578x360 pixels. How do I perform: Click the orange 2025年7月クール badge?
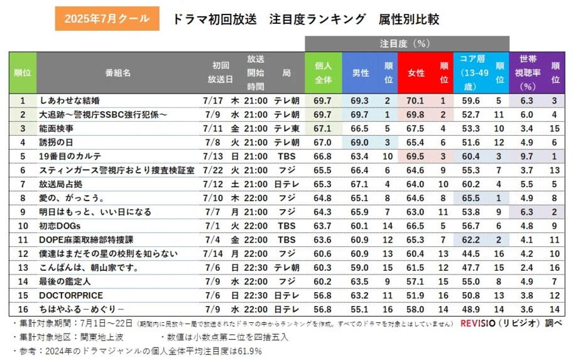[107, 19]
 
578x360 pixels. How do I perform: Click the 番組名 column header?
[118, 73]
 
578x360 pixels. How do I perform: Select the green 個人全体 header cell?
[323, 73]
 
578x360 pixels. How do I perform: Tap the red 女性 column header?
[416, 73]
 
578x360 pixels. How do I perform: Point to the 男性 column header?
[360, 73]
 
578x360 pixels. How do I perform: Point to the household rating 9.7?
[527, 156]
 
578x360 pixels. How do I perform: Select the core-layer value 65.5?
[471, 197]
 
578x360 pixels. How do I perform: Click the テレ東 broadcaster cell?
[286, 128]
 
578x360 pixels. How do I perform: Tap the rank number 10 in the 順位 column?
[23, 226]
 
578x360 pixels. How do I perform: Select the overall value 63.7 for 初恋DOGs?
[323, 226]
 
